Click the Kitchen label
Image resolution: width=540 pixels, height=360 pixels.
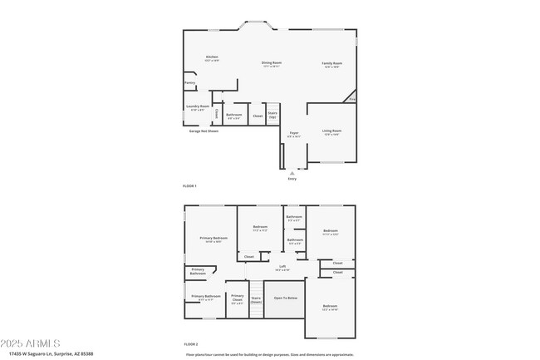pos(213,57)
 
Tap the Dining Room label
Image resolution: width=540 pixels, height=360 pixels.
pos(272,63)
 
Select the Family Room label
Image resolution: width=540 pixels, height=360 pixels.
pos(332,64)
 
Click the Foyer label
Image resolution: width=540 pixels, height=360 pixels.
pos(294,133)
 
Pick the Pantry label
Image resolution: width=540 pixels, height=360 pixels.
pos(189,82)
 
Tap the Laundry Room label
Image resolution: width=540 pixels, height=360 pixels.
pos(198,106)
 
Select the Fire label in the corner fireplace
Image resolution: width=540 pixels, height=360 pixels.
pos(352,100)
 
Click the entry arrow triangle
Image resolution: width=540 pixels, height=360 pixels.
pos(292,172)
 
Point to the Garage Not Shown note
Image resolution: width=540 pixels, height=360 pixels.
pos(203,131)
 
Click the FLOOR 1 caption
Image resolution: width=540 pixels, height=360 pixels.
pos(189,185)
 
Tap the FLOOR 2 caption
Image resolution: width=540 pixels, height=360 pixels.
pos(189,344)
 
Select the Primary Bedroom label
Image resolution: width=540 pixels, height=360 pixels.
pos(214,239)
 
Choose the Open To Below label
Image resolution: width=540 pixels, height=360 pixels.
pos(286,297)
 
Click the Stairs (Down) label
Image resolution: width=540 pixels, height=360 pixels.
pos(257,299)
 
